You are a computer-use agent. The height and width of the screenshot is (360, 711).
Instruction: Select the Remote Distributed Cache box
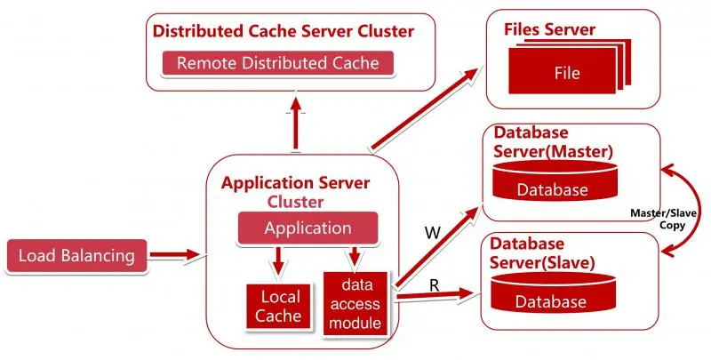(277, 63)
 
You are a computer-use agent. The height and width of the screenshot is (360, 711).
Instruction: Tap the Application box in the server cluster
(308, 228)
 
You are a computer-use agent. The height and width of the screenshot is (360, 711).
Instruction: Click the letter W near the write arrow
(431, 233)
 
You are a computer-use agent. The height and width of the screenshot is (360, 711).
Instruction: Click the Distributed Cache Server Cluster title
(283, 31)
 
